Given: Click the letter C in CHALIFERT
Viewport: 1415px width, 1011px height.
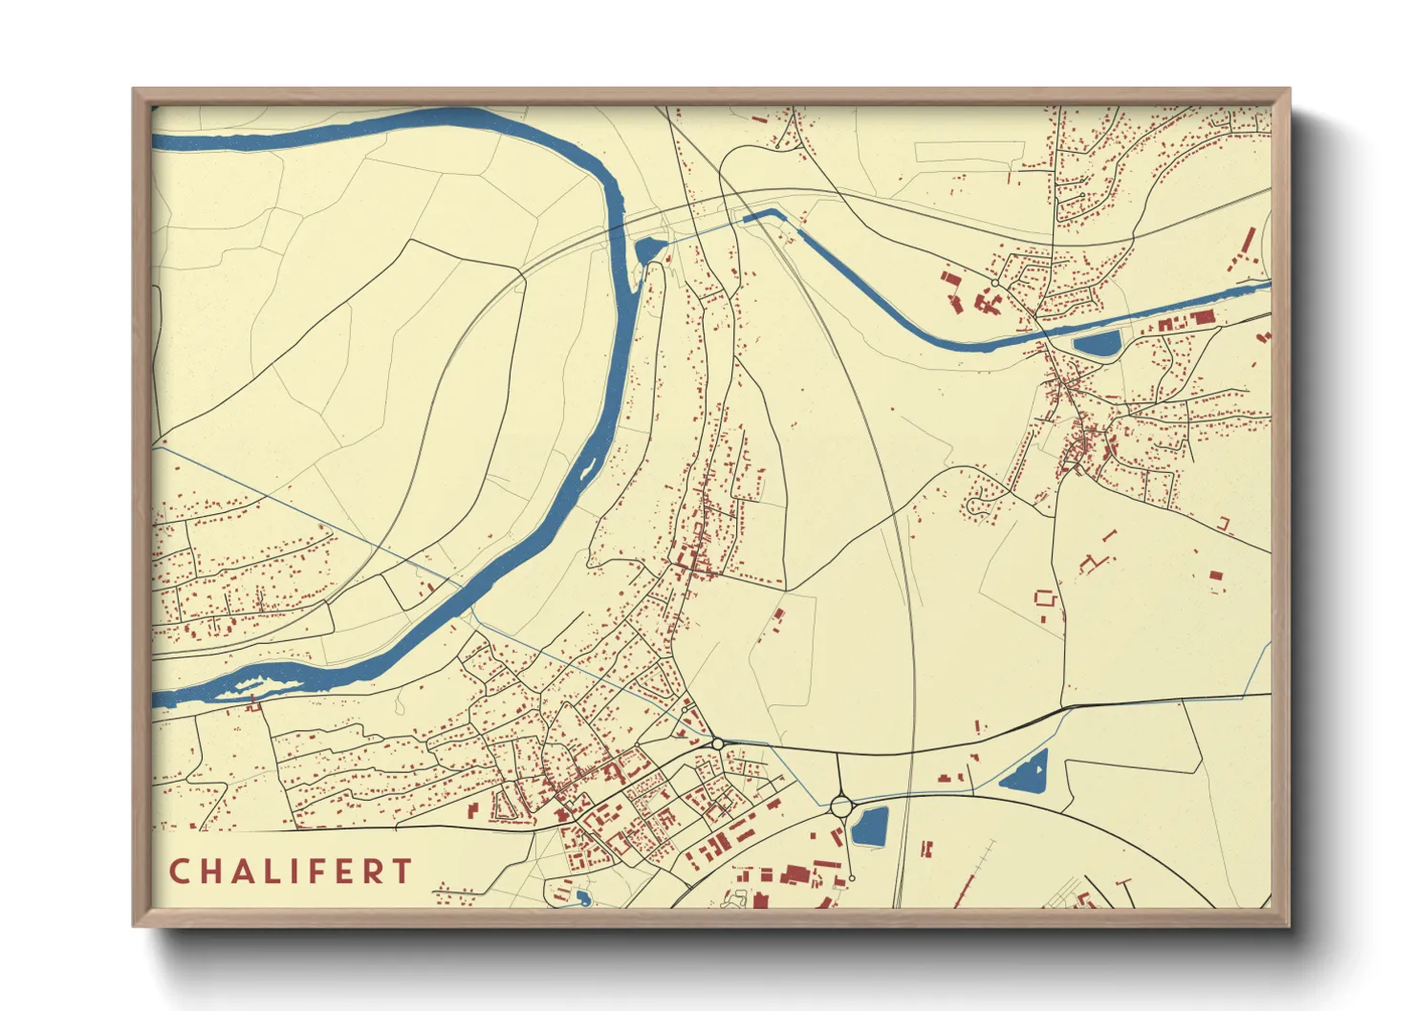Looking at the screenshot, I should point(179,871).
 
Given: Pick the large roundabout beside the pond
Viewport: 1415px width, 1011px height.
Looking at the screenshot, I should point(840,807).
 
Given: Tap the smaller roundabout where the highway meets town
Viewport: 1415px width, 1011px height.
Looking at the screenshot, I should point(717,743).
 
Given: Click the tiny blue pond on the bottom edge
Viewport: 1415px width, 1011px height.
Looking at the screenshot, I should point(582,897).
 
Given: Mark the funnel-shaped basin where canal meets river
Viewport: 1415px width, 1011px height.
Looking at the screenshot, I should point(646,249).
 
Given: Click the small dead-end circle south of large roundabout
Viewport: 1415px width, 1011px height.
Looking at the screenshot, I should point(851,878).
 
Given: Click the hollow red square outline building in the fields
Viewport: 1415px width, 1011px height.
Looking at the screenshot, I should point(1045,599).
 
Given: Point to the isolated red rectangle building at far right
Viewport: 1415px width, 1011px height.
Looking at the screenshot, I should point(1215,575).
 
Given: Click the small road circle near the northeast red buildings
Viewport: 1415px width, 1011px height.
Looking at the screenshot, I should point(995,284).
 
